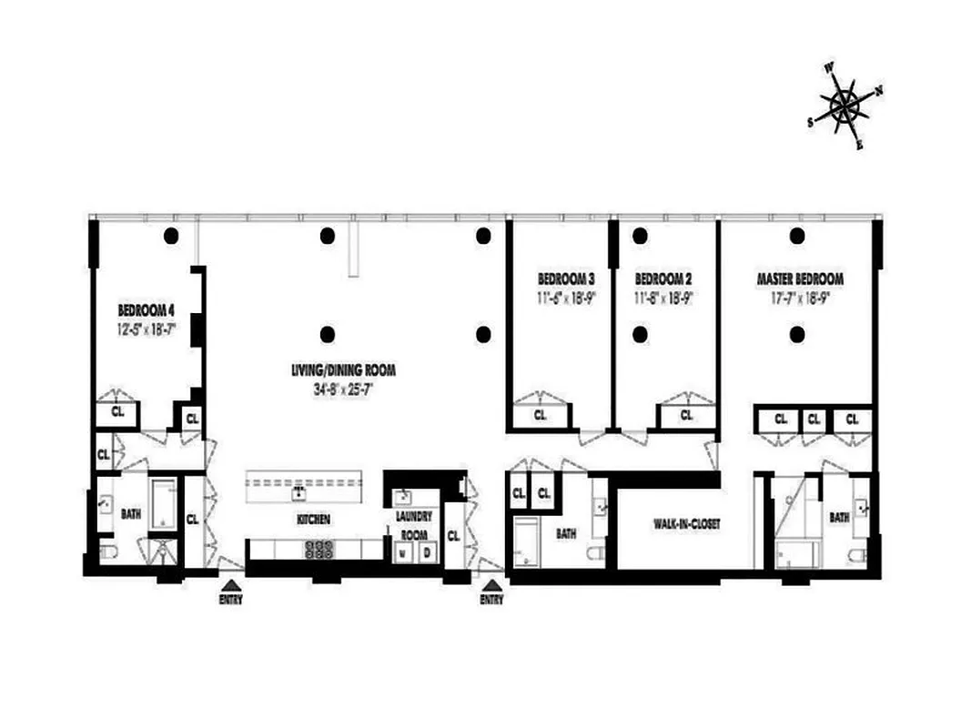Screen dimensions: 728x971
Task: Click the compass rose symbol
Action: pos(845,106)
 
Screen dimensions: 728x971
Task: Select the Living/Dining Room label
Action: pos(343,370)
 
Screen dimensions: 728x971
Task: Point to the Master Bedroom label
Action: pos(799,278)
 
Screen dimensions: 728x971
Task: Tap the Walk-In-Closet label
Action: pos(687,525)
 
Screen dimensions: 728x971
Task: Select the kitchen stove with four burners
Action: pos(319,549)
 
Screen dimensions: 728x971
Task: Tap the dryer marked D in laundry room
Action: pos(425,552)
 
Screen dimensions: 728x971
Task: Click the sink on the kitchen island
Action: pos(298,493)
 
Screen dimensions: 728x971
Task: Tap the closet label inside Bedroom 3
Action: pos(541,415)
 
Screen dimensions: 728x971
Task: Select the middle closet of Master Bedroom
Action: pos(814,420)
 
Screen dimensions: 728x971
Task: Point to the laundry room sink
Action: pos(402,496)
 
